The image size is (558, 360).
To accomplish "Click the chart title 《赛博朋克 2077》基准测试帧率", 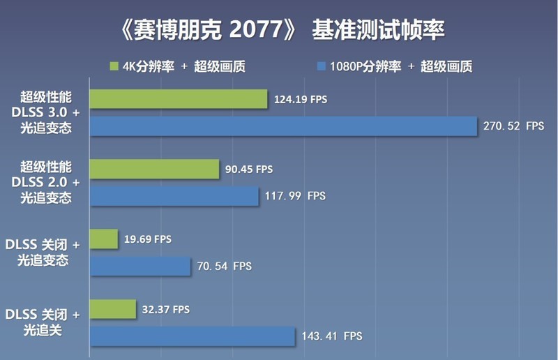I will (x=279, y=31).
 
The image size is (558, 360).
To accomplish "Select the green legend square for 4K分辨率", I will (x=114, y=67).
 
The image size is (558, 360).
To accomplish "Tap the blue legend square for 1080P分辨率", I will (x=322, y=67).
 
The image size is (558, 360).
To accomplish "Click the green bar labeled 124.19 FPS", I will (x=179, y=99).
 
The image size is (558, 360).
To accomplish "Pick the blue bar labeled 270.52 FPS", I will (x=283, y=126).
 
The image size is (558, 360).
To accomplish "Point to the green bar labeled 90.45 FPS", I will (x=155, y=169).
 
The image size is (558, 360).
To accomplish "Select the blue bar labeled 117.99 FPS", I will (x=174, y=196).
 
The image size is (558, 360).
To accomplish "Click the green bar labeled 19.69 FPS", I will (x=103, y=239).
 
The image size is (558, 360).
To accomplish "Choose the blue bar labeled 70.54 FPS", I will (x=140, y=266).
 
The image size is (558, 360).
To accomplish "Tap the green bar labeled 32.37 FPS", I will (x=113, y=309).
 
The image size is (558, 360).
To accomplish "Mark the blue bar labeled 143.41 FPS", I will (x=193, y=336).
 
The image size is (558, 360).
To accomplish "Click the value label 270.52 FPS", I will (x=513, y=126).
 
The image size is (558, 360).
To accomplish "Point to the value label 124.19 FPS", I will (x=301, y=100).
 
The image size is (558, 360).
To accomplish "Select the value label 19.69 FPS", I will (x=148, y=239).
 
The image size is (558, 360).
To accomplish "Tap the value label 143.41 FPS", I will (x=331, y=336).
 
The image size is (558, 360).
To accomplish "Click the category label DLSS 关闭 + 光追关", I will (x=43, y=322).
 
